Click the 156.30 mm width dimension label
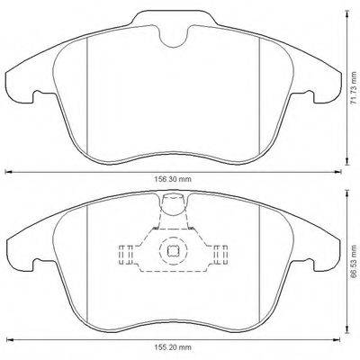173,179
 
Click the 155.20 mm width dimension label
173,347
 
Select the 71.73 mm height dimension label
355,90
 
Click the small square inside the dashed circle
173,251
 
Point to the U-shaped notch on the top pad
174,36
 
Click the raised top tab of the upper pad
174,18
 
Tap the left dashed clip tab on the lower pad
126,255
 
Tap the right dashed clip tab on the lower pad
220,255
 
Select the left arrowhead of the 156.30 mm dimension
9,172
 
